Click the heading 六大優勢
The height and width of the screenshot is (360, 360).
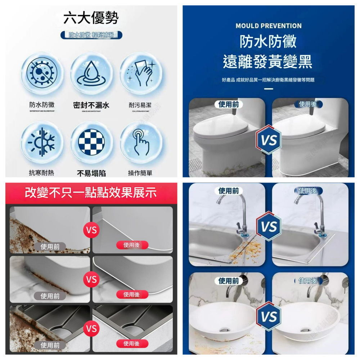click(91, 18)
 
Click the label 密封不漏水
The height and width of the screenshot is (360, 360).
click(91, 105)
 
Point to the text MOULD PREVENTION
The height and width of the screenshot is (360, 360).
click(269, 26)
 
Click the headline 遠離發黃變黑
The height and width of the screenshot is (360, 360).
click(269, 62)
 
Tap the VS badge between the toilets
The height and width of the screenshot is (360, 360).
click(269, 140)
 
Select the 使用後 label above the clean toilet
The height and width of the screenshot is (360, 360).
click(309, 104)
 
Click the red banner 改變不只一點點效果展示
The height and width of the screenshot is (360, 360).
click(91, 193)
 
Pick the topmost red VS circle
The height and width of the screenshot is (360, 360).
click(91, 230)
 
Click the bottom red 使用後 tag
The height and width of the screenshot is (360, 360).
click(132, 343)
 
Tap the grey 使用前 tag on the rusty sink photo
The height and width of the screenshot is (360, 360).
click(50, 345)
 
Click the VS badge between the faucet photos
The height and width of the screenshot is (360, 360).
click(269, 227)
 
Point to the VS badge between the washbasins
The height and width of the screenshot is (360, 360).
click(269, 317)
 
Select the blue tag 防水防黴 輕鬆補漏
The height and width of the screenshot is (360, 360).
click(91, 35)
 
